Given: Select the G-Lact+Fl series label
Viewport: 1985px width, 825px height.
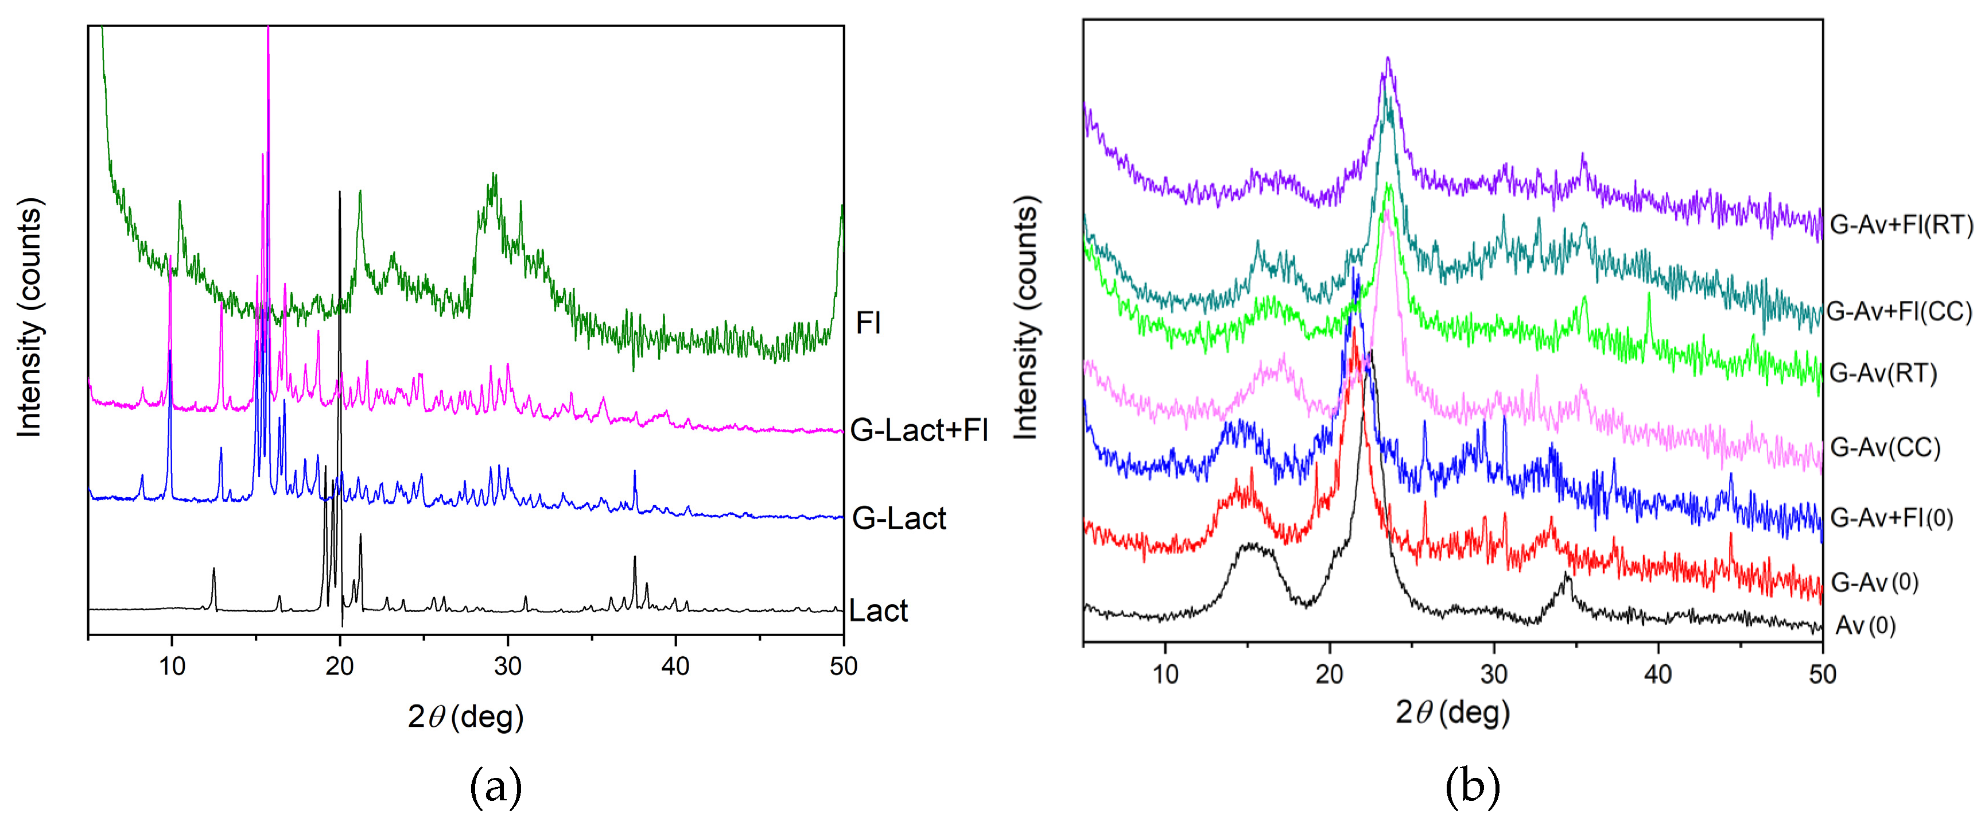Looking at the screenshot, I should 919,429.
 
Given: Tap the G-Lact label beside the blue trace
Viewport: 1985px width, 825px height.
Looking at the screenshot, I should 899,518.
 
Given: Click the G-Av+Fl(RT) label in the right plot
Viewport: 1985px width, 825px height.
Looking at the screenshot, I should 1901,224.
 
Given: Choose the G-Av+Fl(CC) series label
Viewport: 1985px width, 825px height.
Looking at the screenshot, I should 1899,312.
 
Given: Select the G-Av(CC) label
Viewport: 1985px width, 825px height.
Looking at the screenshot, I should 1885,447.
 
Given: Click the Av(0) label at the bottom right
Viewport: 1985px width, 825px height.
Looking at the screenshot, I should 1865,625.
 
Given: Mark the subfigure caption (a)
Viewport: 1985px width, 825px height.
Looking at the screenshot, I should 495,787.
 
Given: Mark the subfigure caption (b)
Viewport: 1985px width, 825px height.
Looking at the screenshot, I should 1473,787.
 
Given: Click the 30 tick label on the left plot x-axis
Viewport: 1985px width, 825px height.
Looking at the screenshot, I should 507,666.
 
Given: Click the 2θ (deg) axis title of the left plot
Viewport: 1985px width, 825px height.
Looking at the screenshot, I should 465,717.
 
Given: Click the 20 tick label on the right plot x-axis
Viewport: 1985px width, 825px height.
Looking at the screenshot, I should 1329,675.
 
